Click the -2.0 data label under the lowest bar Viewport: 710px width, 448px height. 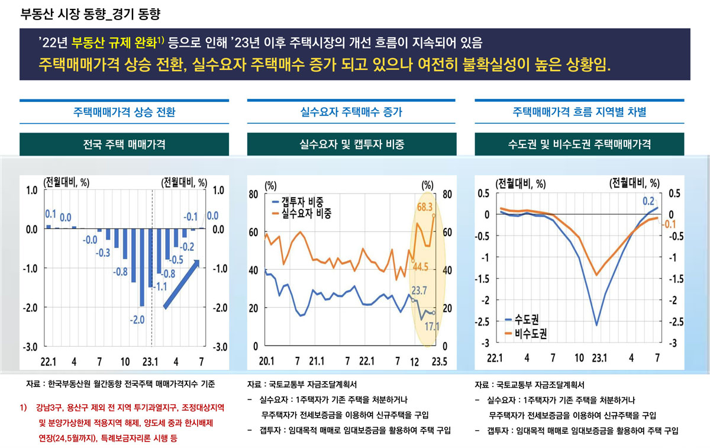click(137, 320)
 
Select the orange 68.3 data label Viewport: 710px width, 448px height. click(425, 207)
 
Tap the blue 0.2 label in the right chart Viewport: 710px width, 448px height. click(648, 201)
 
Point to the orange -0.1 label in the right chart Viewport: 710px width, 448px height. click(669, 224)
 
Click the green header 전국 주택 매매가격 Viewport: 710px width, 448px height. click(124, 144)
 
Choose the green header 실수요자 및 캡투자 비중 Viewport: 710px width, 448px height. click(352, 144)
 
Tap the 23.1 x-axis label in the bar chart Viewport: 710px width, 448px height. click(151, 361)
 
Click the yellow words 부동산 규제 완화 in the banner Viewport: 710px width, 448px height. click(114, 43)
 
